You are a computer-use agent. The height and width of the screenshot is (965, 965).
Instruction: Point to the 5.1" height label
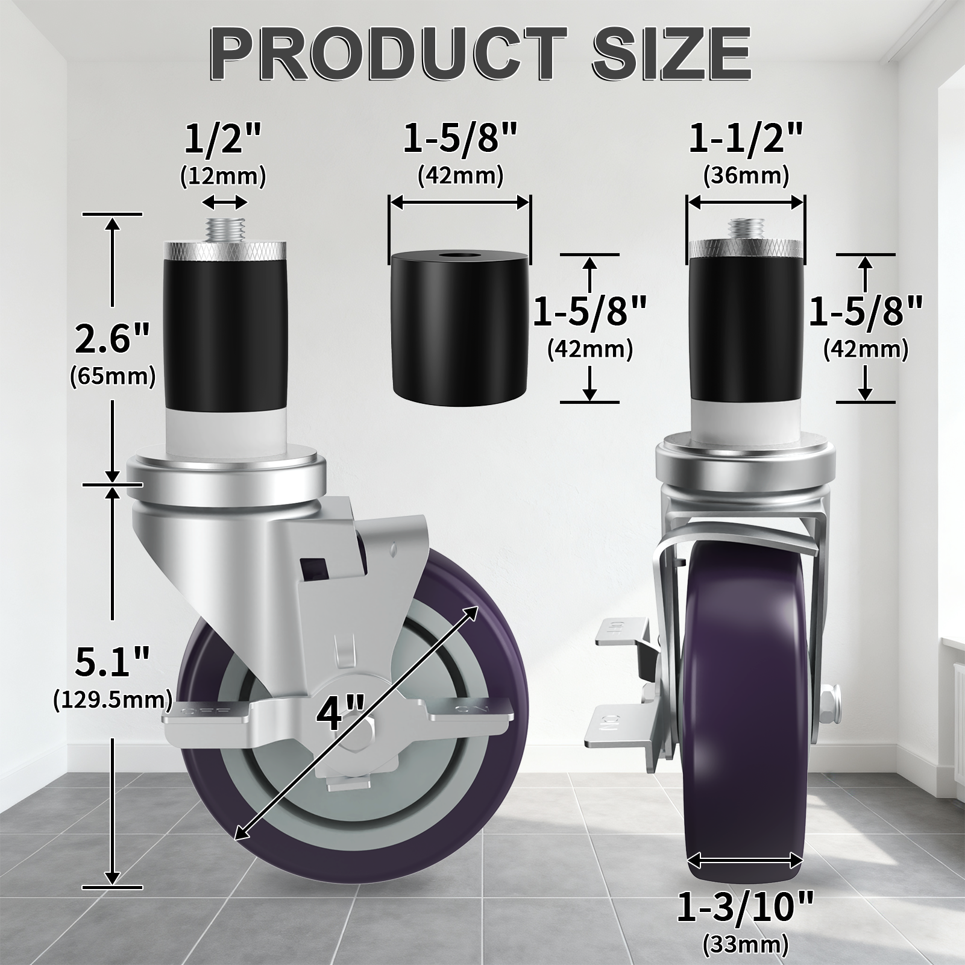(x=112, y=662)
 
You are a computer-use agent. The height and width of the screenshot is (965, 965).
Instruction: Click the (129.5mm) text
(x=113, y=700)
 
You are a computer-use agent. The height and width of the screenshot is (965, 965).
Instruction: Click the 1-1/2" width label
(x=746, y=138)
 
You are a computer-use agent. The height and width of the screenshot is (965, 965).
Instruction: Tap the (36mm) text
(x=746, y=176)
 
